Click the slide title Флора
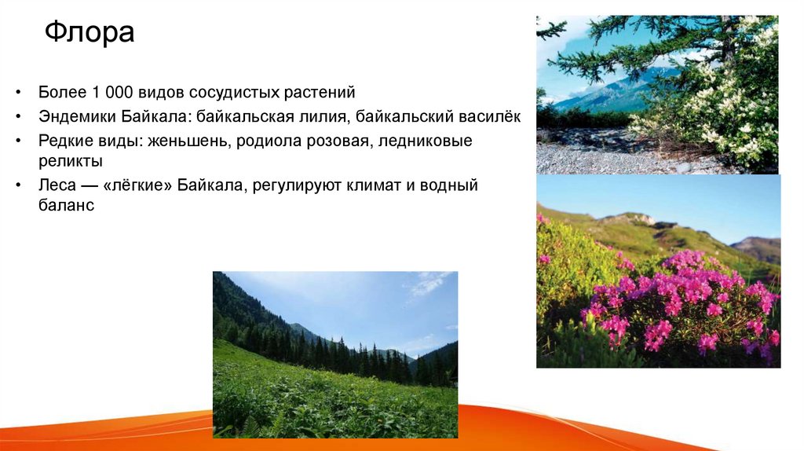[90, 33]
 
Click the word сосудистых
[244, 93]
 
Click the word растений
[323, 93]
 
